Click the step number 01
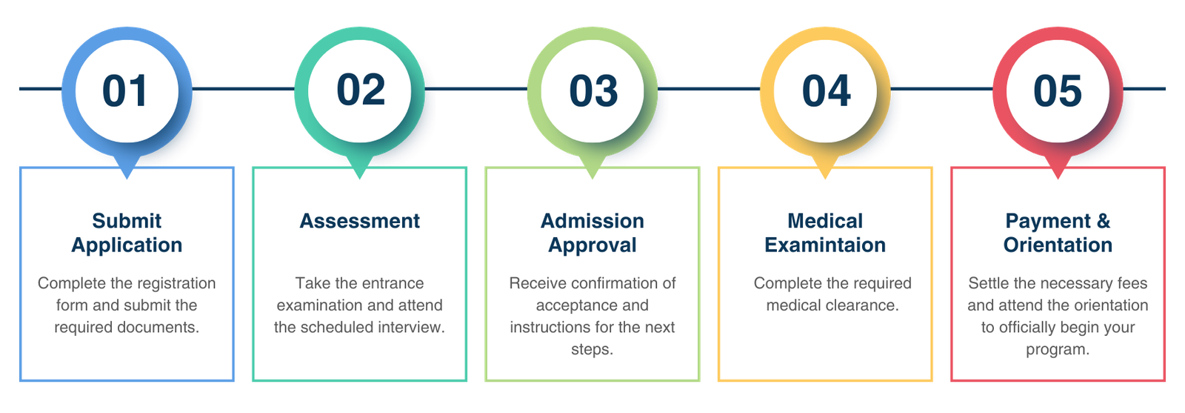point(125,91)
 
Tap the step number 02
point(361,90)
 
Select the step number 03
point(593,91)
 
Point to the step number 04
point(826,91)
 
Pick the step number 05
point(1058,91)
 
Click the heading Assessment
point(359,221)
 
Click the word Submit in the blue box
point(127,221)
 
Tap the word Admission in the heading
point(592,221)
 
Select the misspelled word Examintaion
point(825,245)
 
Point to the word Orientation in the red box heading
point(1058,245)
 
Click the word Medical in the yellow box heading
point(825,221)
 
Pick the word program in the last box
point(1056,349)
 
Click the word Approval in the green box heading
point(592,245)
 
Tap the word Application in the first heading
point(127,245)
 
